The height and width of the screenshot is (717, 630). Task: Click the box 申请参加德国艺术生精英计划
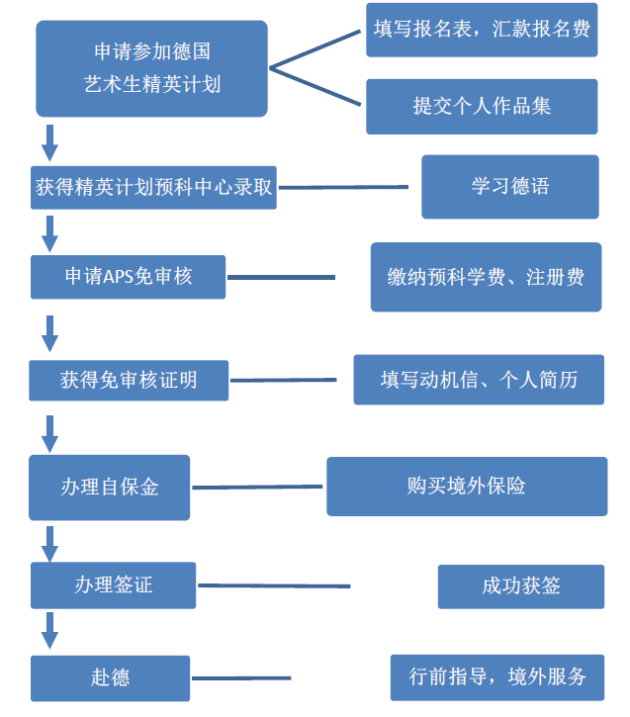click(151, 68)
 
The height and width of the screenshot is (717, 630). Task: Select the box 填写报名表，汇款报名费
click(482, 30)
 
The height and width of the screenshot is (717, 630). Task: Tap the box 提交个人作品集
click(482, 106)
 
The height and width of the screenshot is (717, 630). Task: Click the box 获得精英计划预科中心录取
click(152, 186)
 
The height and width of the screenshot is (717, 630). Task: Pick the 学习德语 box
click(509, 186)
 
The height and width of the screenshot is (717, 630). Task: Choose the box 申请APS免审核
click(129, 277)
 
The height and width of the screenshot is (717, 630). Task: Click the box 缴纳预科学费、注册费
click(486, 277)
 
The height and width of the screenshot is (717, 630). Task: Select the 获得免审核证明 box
click(129, 380)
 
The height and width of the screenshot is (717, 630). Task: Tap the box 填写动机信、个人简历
click(479, 380)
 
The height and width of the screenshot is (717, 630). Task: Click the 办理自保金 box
click(109, 487)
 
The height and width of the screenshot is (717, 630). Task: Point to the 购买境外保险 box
click(467, 486)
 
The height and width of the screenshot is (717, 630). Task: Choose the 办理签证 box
click(113, 584)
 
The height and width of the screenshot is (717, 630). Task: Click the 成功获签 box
click(520, 585)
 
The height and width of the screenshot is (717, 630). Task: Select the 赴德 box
click(109, 677)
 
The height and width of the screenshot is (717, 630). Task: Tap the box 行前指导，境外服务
click(497, 677)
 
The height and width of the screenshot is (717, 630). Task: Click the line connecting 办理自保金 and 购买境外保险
click(257, 487)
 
